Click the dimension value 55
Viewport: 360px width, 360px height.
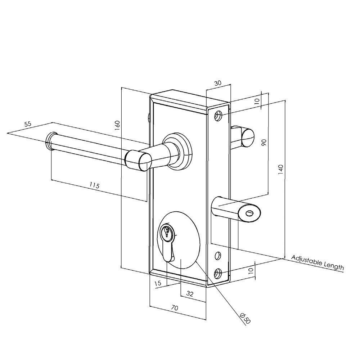click(28, 124)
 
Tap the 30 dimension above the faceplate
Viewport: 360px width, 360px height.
click(217, 83)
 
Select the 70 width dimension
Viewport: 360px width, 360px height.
click(175, 308)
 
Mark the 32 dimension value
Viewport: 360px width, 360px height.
click(190, 294)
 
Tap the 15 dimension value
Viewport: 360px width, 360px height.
click(158, 284)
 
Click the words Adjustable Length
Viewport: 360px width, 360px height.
click(317, 263)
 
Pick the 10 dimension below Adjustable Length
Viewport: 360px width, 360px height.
click(251, 269)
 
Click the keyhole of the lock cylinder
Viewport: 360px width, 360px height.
click(166, 233)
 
